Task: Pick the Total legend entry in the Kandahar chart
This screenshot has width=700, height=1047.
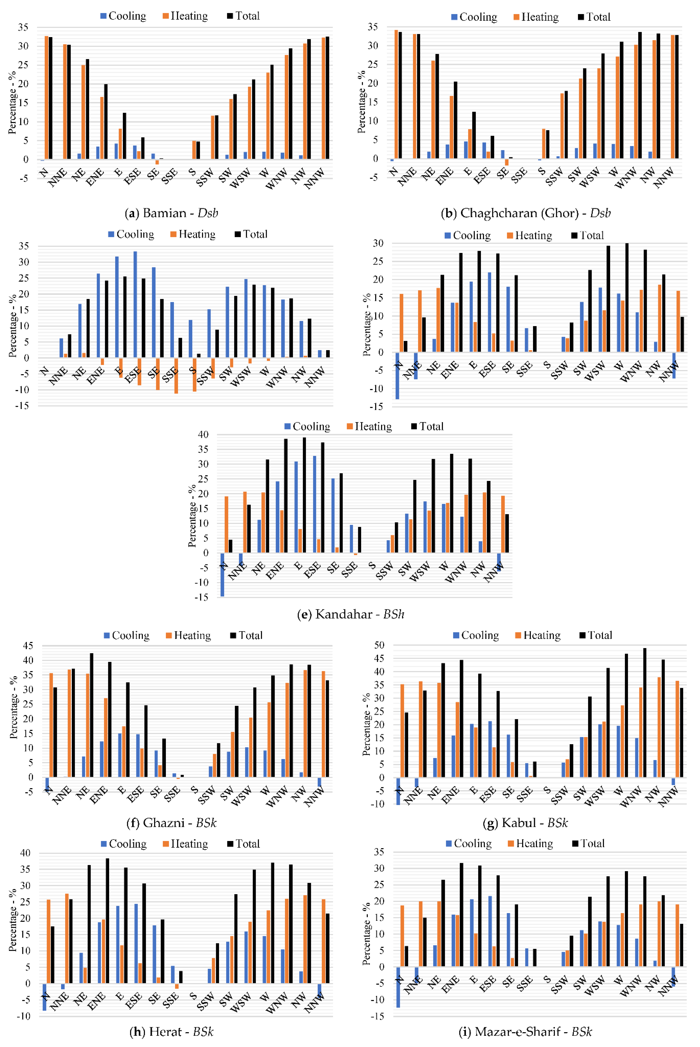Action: tap(427, 426)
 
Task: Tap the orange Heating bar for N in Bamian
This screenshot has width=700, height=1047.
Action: tap(46, 97)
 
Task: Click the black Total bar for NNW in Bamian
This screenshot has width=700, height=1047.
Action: tap(327, 97)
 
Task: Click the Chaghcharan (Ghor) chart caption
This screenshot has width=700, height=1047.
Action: tap(526, 213)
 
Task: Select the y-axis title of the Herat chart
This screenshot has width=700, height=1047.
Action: tap(13, 921)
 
